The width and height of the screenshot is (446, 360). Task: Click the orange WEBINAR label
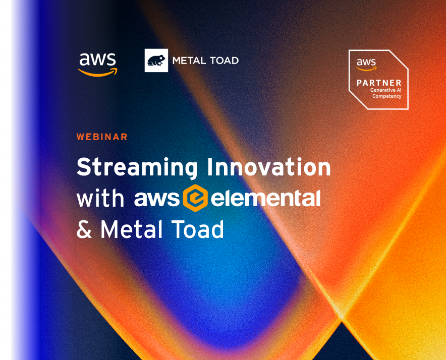[x=102, y=137]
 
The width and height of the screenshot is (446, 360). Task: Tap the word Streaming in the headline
[x=137, y=168]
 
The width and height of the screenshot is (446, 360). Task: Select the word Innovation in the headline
[x=269, y=166]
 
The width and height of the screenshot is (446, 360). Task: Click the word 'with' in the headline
[x=100, y=198]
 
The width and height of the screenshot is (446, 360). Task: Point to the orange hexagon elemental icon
[x=195, y=198]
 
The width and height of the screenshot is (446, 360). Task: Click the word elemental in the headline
[x=266, y=198]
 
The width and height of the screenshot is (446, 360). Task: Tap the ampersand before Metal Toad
[x=84, y=229]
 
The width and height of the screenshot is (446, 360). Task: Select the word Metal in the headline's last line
[x=131, y=229]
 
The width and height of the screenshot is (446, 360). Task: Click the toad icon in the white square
[x=156, y=61]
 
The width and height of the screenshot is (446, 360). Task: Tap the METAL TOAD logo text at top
[x=205, y=61]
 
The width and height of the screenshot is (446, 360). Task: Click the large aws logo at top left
[x=97, y=65]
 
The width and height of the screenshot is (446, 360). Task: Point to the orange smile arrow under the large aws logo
[x=97, y=73]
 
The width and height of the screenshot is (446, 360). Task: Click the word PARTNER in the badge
[x=379, y=83]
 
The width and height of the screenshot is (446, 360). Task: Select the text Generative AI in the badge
[x=385, y=90]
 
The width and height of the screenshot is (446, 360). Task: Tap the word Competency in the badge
[x=387, y=96]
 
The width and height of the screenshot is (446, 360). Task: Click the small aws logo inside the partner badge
[x=366, y=65]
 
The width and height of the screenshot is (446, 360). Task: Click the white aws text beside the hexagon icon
[x=157, y=199]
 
